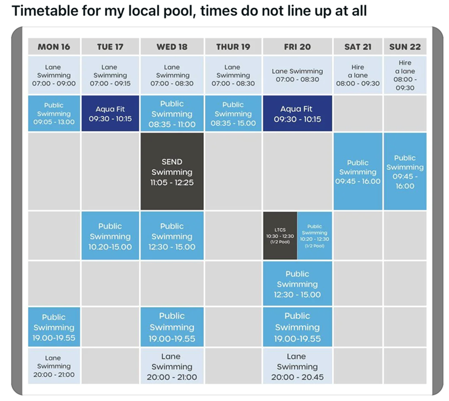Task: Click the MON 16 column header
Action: point(54,47)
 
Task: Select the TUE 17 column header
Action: point(110,47)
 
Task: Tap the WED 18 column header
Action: point(172,47)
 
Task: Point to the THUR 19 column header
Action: point(233,47)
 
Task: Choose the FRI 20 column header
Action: point(297,47)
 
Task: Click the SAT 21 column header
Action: point(358,47)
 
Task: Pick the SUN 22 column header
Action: point(405,47)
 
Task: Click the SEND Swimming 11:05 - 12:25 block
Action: point(172,172)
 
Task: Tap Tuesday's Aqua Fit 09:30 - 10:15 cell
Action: point(110,114)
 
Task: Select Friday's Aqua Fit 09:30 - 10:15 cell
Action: point(297,114)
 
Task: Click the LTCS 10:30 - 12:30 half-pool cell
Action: point(280,236)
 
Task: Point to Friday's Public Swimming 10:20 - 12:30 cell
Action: point(315,236)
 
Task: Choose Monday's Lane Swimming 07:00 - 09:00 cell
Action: point(54,75)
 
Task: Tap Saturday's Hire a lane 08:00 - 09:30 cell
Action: point(358,75)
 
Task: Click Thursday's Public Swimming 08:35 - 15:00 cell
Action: point(233,114)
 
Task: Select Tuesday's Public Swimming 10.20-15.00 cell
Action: point(110,236)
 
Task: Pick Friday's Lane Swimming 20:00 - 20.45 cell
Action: point(297,366)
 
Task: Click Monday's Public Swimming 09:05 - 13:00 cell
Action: point(54,114)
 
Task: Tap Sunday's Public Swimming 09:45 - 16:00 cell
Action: point(405,172)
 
